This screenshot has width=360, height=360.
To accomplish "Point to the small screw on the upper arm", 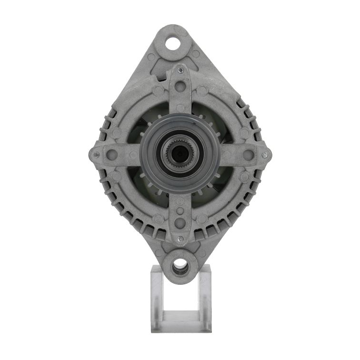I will point(180,70).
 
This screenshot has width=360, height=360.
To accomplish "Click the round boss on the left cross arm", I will point(112,154).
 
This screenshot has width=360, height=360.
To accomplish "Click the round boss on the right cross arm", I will point(248,154).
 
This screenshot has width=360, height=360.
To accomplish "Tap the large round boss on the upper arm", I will point(180,87).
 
